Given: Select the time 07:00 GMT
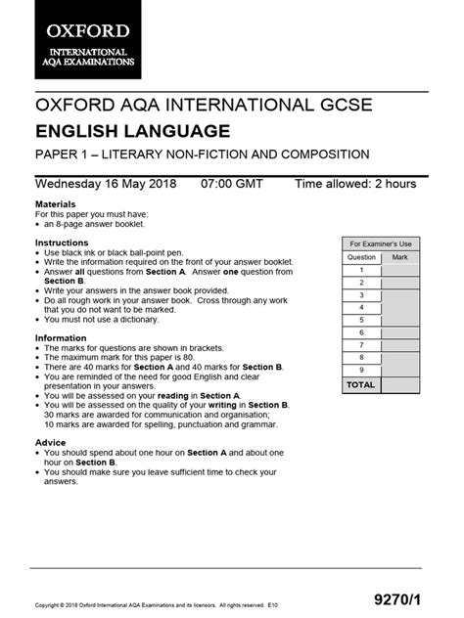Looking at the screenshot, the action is (233, 183).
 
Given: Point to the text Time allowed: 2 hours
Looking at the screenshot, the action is (355, 183).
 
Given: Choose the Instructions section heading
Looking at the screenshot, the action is (62, 242).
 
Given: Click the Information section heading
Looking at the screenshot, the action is (61, 337).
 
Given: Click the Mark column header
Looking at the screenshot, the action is (399, 257).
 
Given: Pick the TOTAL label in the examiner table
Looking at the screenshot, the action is (361, 385).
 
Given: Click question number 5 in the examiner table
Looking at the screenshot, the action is (361, 320).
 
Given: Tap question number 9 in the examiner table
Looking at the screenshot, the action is (361, 370).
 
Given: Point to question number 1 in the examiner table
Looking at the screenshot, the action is (361, 270).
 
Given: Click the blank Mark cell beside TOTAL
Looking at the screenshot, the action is (399, 385).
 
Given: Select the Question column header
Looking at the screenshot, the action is (361, 257).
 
